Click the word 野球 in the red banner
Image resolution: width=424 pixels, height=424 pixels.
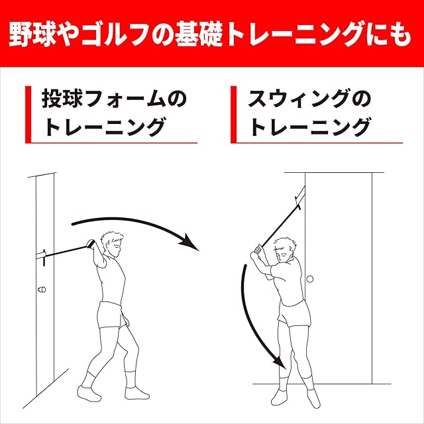32,34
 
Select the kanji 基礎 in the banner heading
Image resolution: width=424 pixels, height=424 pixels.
199,34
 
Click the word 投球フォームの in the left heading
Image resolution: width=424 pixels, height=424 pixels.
114,99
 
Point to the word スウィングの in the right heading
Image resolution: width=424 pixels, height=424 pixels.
309,99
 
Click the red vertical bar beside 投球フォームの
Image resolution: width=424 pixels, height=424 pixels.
28,115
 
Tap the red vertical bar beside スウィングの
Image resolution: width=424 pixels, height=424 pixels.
234,115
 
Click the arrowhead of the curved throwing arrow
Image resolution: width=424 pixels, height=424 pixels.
190,243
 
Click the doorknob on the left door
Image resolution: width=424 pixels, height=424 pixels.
42,290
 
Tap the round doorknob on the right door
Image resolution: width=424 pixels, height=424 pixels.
310,279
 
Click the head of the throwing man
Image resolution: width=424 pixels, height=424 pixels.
112,244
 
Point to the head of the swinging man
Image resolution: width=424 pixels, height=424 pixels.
284,250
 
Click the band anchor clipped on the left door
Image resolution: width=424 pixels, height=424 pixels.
41,256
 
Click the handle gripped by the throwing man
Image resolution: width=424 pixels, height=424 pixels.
91,244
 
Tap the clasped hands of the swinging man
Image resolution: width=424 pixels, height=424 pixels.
257,251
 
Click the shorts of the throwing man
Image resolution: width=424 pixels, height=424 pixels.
111,315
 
